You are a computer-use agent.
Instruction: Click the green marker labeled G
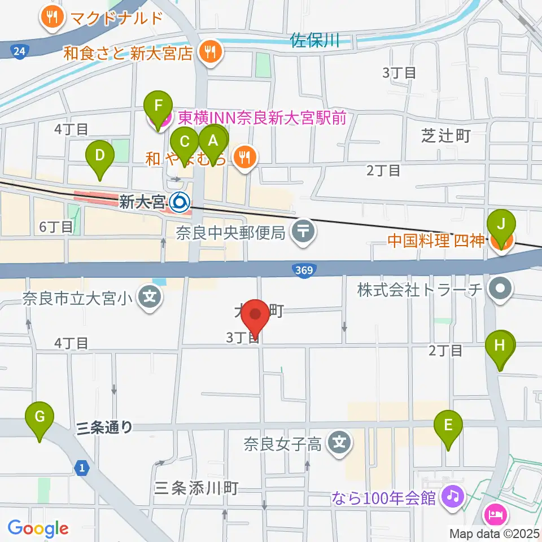40,418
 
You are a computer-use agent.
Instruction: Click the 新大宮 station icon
181,202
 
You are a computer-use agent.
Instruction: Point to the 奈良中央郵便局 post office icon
304,231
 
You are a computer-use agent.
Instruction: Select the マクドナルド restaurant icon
53,18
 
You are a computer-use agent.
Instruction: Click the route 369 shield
304,272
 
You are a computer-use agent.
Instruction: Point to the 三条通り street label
104,428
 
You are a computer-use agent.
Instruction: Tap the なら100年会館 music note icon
452,497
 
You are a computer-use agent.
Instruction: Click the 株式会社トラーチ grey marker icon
500,290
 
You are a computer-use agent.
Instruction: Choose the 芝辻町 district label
445,135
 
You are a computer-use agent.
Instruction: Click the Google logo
38,528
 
